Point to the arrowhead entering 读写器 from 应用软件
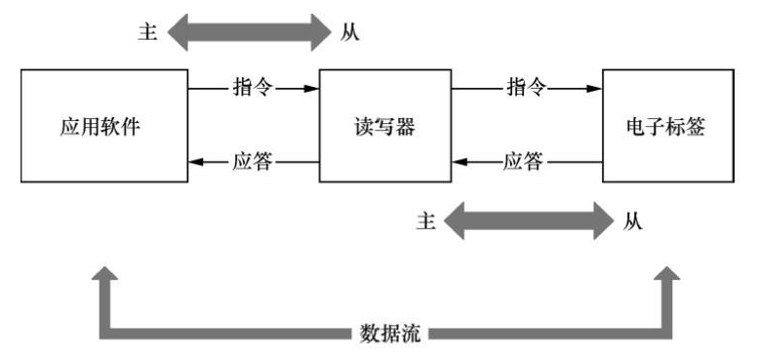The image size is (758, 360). point(313,89)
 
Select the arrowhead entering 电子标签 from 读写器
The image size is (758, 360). point(595,89)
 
